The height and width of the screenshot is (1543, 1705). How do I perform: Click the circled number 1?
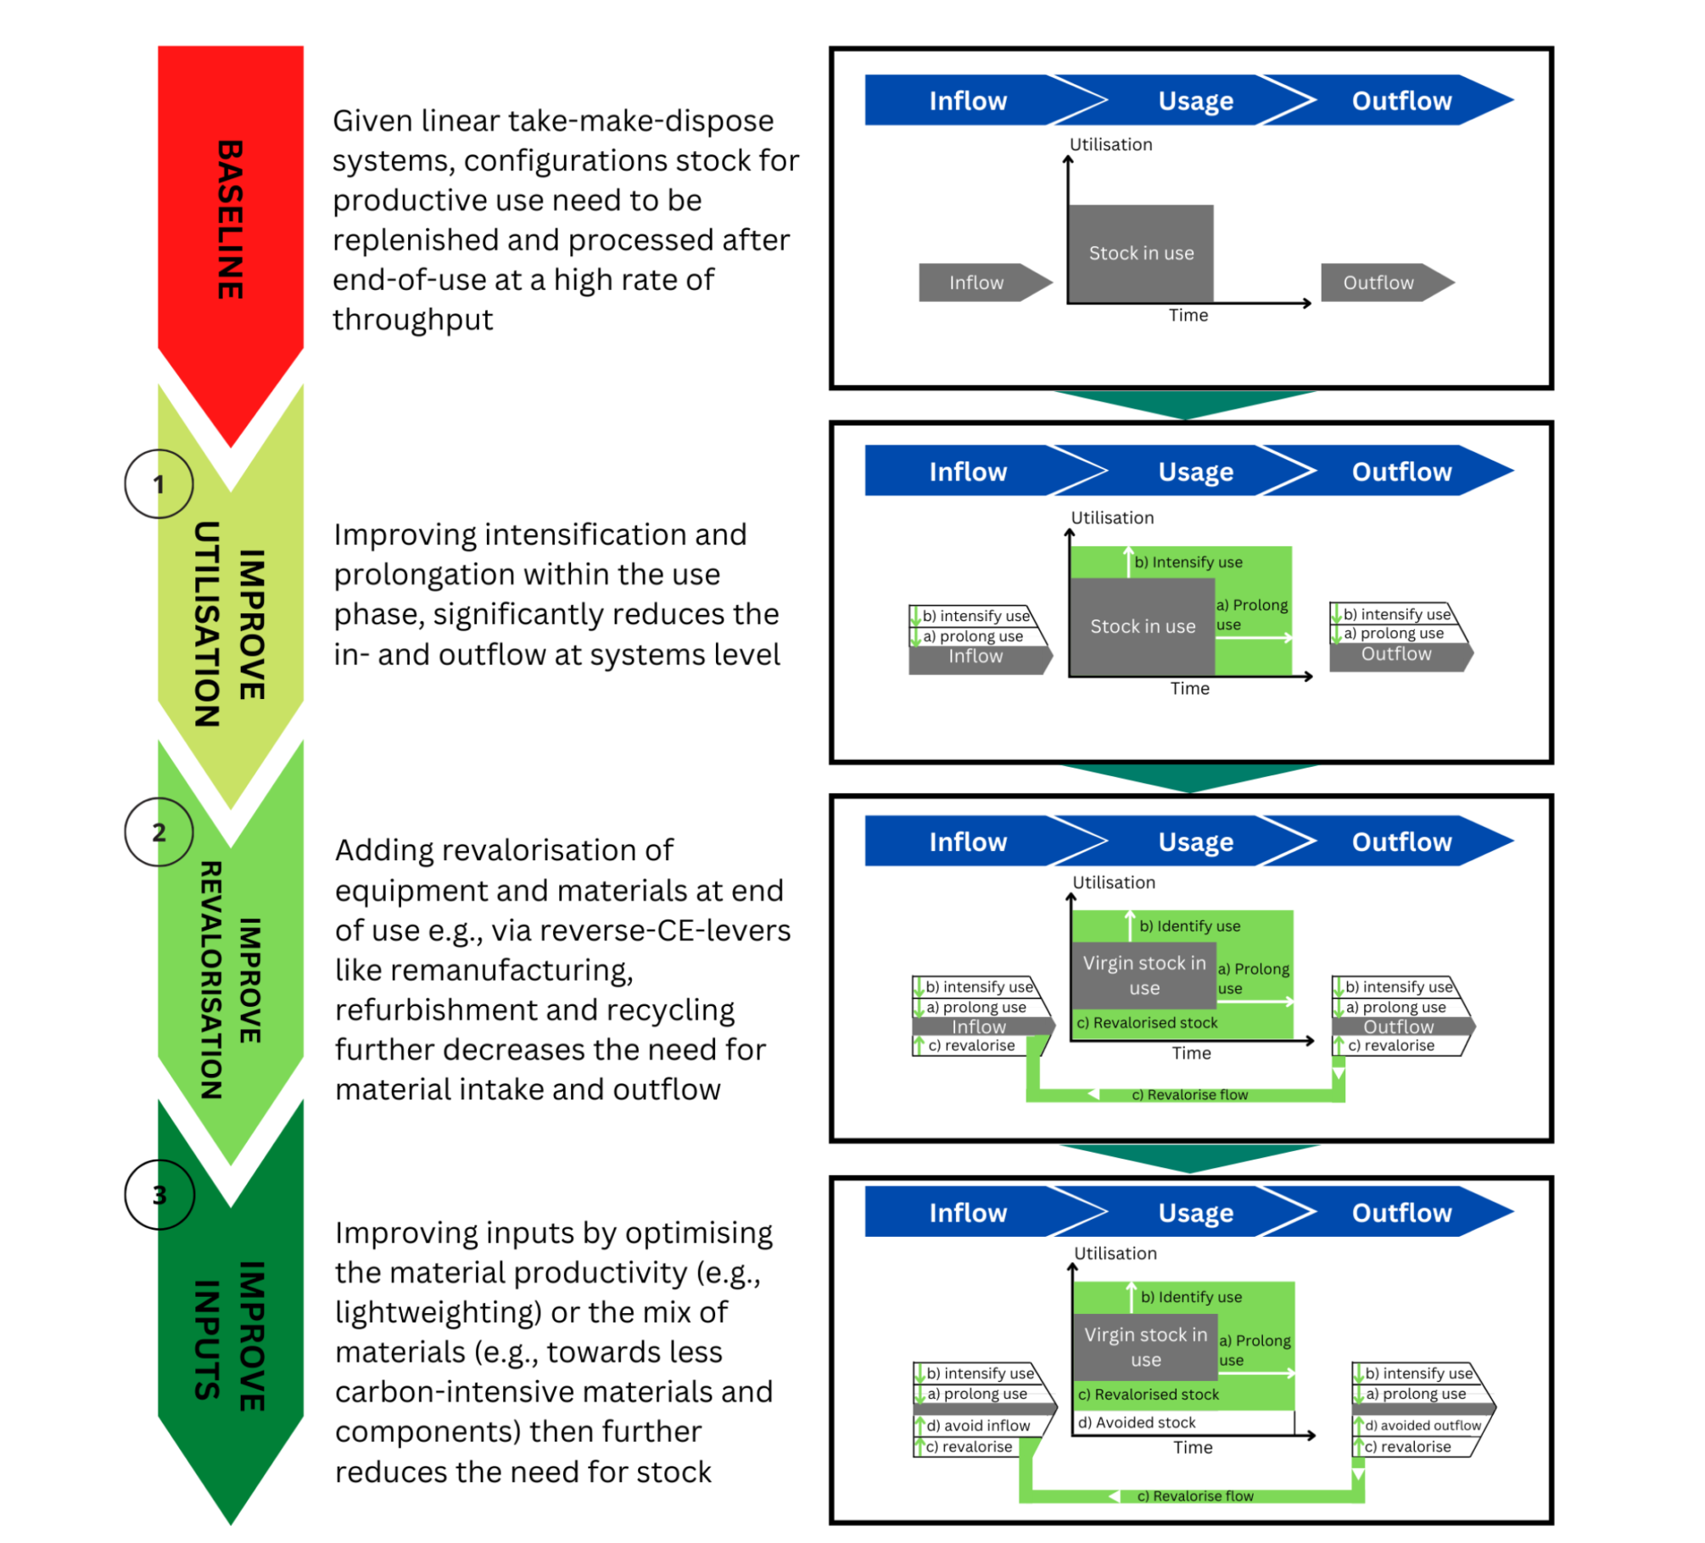tap(159, 484)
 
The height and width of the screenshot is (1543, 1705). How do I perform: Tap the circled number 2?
tap(159, 832)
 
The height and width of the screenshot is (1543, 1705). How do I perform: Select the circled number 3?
tap(159, 1195)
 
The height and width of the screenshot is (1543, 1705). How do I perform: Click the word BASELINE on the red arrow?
tap(230, 219)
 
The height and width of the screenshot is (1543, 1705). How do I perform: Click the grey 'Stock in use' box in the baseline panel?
tap(1141, 253)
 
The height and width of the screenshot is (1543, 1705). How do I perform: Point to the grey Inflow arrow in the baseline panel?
tap(977, 282)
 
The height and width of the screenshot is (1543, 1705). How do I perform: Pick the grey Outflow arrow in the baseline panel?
tap(1379, 282)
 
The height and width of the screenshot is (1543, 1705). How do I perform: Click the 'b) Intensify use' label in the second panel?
tap(1188, 562)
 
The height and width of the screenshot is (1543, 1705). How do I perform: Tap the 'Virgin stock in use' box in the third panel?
tap(1144, 976)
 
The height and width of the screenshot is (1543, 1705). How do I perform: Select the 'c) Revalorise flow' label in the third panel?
tap(1190, 1095)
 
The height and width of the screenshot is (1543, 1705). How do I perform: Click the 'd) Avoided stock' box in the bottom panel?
tap(1137, 1423)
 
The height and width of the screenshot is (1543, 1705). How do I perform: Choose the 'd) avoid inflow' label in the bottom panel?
tap(978, 1426)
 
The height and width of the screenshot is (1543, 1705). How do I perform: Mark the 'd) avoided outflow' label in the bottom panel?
tap(1423, 1426)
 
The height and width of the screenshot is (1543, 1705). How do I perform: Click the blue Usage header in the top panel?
tap(1196, 101)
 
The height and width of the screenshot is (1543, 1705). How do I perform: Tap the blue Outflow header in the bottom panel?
tap(1401, 1213)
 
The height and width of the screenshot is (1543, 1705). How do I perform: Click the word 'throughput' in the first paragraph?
tap(412, 320)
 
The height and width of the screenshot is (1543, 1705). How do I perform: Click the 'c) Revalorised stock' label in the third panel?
tap(1148, 1023)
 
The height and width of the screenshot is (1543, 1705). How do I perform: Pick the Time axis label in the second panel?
tap(1190, 689)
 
